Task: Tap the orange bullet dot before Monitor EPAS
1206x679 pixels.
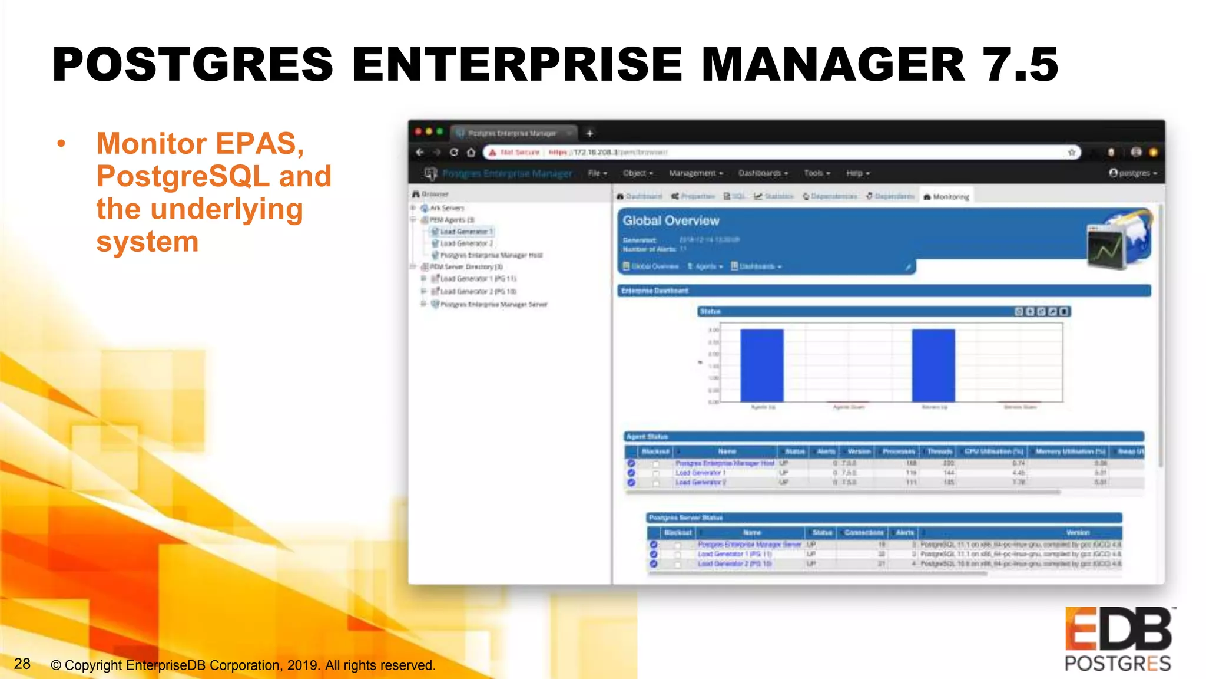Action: point(61,144)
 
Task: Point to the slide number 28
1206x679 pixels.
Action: point(22,664)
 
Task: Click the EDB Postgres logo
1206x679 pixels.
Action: point(1118,639)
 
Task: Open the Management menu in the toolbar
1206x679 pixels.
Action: point(695,173)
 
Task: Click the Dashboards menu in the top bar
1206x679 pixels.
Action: point(763,173)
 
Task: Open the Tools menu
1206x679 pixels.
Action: point(817,173)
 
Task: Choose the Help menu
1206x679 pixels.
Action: point(857,173)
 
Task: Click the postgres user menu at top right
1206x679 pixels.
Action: point(1133,173)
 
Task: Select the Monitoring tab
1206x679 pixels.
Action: point(946,196)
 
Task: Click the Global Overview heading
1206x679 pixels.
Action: point(671,221)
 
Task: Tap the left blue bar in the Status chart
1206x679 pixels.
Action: point(762,365)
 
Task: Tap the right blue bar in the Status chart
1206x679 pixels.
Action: point(933,365)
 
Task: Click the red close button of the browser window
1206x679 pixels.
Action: point(418,131)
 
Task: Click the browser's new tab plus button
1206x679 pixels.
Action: point(589,133)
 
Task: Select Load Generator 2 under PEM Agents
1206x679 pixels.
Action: point(466,243)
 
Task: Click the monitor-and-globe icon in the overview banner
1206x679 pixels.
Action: point(1118,241)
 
